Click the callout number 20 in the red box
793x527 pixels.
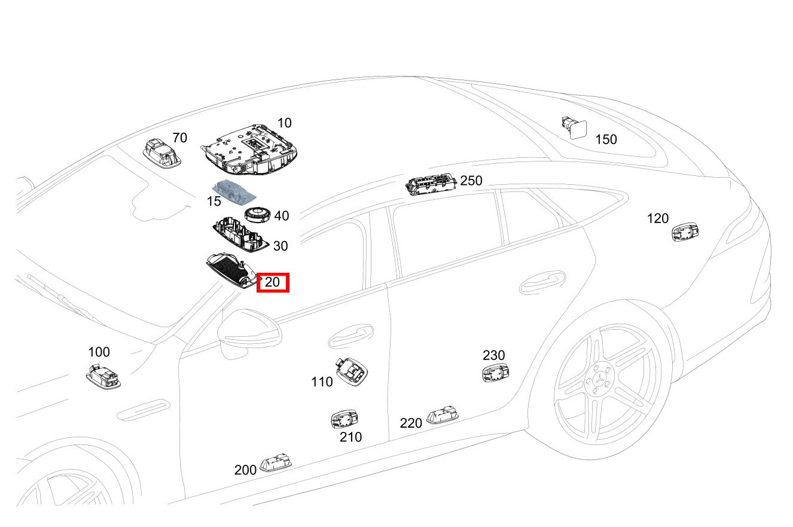(x=272, y=282)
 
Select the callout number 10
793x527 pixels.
(x=284, y=123)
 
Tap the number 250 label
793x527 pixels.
(x=471, y=181)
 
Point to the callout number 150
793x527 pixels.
(x=606, y=139)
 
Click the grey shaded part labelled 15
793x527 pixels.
(x=234, y=191)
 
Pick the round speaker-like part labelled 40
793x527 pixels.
(x=257, y=215)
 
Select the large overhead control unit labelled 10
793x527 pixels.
(x=249, y=150)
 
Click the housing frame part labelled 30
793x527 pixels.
(x=240, y=235)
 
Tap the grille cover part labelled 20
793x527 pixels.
(x=233, y=270)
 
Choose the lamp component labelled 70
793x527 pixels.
(x=162, y=153)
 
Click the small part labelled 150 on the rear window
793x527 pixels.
(x=574, y=128)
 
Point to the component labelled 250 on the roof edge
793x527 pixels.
(x=431, y=184)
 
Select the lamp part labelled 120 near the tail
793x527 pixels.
(x=685, y=232)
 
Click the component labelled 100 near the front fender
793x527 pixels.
(x=103, y=377)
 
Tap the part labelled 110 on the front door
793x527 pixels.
(x=351, y=371)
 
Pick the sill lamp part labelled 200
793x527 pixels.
(x=276, y=462)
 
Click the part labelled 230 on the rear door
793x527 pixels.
(x=496, y=373)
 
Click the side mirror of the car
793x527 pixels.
(x=249, y=333)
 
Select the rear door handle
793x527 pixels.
(x=542, y=282)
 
